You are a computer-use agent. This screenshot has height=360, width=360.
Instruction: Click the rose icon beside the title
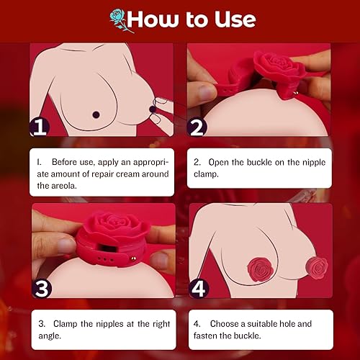122,20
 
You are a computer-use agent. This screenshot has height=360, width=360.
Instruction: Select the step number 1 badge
40,127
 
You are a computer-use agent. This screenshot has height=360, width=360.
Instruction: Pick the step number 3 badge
42,288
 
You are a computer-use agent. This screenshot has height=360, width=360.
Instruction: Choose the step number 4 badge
199,288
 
